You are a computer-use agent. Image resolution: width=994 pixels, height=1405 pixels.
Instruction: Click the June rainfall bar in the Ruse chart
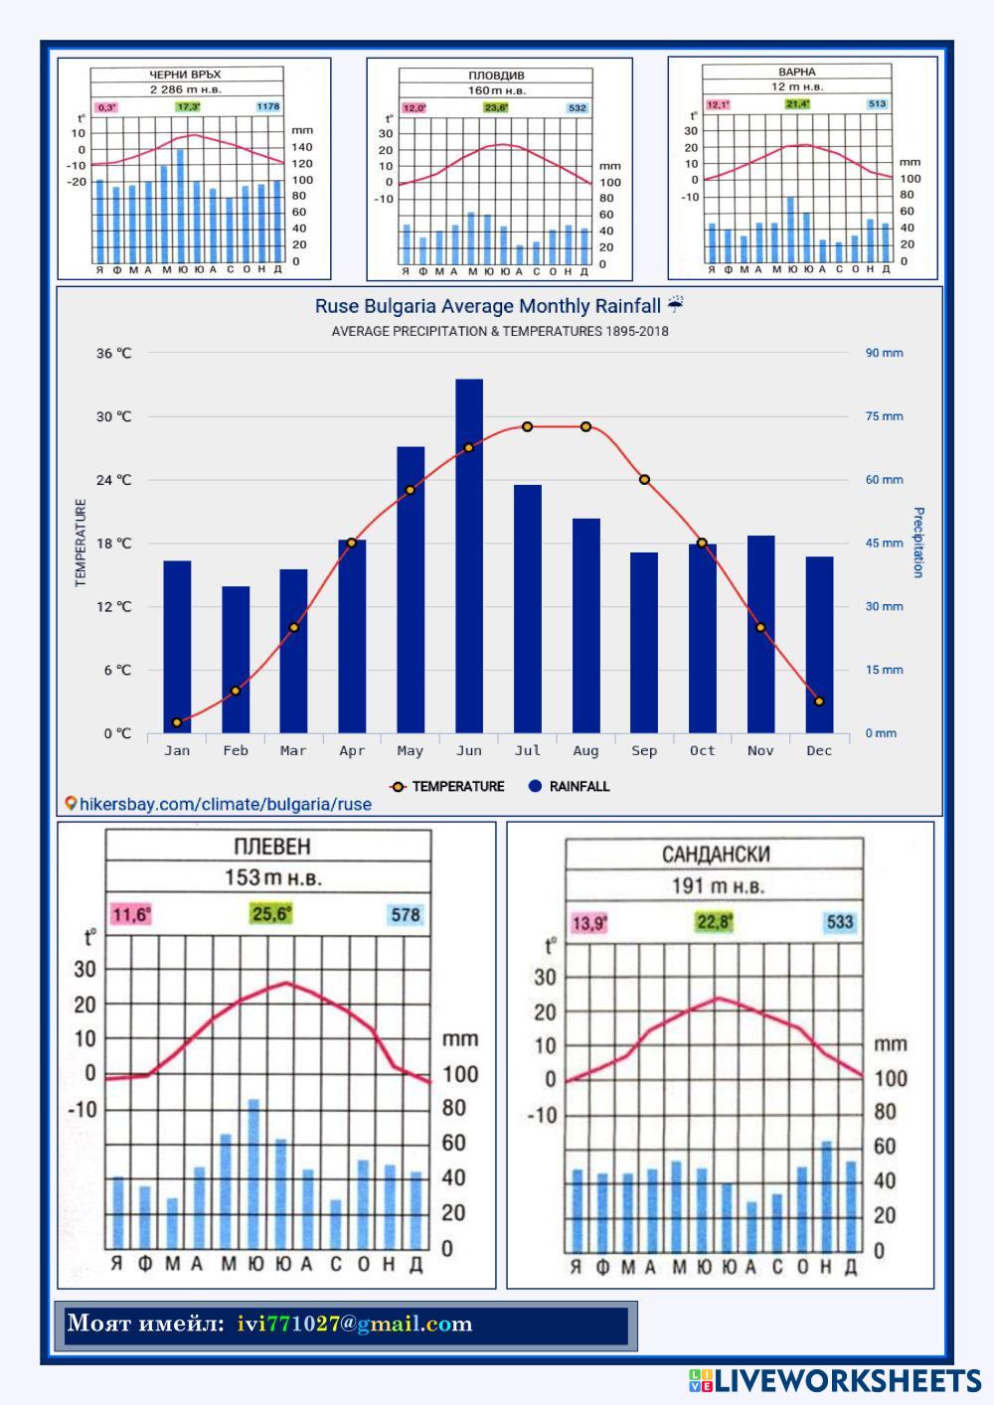(x=469, y=556)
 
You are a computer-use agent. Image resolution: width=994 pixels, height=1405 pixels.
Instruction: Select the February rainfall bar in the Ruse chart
(x=236, y=660)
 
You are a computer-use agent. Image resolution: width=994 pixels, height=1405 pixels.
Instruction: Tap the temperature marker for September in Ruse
(x=644, y=480)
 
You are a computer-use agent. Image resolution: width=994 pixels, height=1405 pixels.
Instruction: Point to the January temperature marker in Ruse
(x=177, y=722)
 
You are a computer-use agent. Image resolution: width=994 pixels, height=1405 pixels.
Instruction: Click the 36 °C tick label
(x=114, y=353)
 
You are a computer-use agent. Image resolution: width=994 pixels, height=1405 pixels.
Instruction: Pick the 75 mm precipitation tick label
(x=884, y=416)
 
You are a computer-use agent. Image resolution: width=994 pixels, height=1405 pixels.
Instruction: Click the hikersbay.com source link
(x=218, y=804)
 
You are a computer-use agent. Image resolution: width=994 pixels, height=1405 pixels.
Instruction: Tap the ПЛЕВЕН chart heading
(x=271, y=847)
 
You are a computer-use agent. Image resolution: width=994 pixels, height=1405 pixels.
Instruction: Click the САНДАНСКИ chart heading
(x=716, y=855)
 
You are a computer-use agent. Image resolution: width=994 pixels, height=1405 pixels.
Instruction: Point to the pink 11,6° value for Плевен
(x=131, y=914)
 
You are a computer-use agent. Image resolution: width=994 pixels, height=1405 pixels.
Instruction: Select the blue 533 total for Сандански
(x=840, y=922)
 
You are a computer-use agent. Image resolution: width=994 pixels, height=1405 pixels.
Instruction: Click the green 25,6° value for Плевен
(x=271, y=913)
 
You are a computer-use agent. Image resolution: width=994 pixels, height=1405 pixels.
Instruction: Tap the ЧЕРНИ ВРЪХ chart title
(x=185, y=75)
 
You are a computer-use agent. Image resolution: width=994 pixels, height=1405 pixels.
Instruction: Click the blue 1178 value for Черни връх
(x=267, y=106)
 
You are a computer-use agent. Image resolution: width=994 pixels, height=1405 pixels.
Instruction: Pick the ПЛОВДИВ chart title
(x=496, y=76)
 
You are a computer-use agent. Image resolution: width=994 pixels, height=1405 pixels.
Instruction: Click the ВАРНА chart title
(x=797, y=72)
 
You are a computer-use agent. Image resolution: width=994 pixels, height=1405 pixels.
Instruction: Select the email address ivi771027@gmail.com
(x=355, y=1325)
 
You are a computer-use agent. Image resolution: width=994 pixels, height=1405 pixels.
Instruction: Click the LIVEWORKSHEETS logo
(x=835, y=1380)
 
